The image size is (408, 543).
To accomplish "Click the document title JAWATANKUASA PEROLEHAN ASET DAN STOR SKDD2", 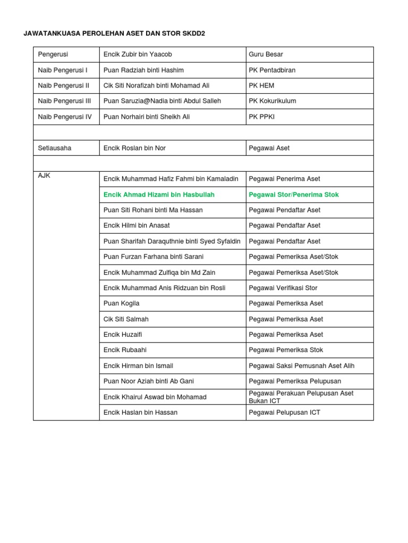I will [x=114, y=33].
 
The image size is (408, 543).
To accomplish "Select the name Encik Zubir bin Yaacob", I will [x=138, y=55].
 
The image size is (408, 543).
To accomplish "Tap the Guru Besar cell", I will [x=266, y=55].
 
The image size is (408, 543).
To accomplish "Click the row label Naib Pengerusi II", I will [x=64, y=85].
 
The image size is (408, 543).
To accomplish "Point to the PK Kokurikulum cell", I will [x=273, y=101].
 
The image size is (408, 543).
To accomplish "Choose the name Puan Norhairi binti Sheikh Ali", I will [x=147, y=117].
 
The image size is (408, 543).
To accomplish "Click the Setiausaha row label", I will [x=54, y=148].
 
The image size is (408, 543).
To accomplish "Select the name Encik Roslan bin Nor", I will [x=134, y=148].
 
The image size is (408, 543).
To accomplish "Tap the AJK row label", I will [x=44, y=176].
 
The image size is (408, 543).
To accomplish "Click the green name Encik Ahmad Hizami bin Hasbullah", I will [x=159, y=195].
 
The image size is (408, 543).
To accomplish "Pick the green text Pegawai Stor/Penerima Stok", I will [x=293, y=195].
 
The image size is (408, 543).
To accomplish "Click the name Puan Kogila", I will [x=122, y=303].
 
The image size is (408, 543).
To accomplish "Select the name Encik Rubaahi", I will [x=125, y=350].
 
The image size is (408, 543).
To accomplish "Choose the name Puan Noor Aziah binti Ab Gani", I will [x=147, y=381].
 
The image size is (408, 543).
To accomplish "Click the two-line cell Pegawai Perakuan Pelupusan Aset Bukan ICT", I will [x=301, y=397].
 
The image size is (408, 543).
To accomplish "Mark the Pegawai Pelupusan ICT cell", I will [x=284, y=413].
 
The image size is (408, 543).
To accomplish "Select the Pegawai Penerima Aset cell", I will [x=284, y=179].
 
